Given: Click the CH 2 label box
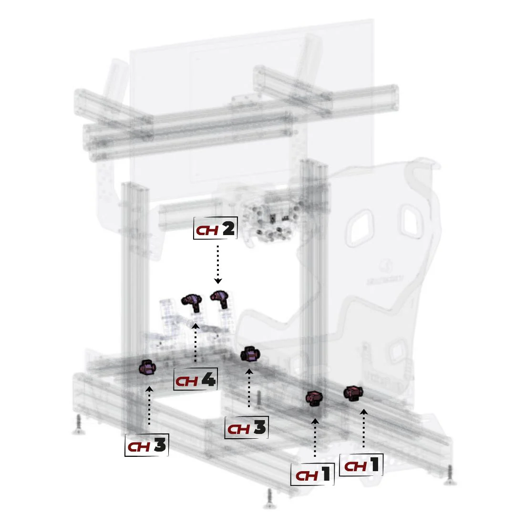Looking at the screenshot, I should point(216,230).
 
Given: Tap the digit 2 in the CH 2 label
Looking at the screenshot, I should point(228,230).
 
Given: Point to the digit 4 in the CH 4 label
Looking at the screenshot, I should point(208,380).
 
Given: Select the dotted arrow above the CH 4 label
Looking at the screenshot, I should point(196,343).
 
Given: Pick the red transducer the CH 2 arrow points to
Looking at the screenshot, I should point(219,299).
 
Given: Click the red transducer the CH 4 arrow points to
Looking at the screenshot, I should point(192,301).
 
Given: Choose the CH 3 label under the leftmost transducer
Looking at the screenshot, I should point(147,445).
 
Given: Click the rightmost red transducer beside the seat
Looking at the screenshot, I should point(353,393).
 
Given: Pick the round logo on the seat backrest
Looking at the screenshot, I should point(384,265).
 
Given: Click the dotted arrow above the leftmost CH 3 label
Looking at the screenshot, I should point(149,405).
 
